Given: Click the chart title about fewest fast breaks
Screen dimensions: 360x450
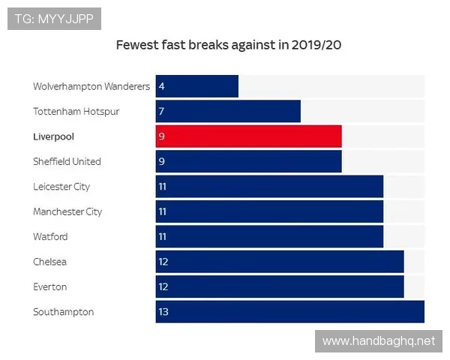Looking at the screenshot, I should pos(229,45).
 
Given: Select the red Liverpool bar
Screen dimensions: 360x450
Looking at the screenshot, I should pos(248,136).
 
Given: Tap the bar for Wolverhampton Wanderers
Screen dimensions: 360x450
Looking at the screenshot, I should pos(197,86).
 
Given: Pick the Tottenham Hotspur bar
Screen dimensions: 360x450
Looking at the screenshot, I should pos(228,112).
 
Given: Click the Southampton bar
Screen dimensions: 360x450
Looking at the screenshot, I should pos(289,312).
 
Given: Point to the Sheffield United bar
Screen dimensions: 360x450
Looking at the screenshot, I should pos(248,161).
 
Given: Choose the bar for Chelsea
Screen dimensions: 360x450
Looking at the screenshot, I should pos(280,262).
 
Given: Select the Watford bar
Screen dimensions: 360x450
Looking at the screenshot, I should pos(269,237).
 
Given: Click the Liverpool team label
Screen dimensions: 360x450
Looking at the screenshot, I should pos(54,137).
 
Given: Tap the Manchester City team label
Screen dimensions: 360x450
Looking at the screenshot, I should pos(67,212).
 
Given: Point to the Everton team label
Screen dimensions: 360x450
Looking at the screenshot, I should pos(50,287).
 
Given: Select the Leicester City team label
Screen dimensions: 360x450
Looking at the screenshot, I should pos(61,187).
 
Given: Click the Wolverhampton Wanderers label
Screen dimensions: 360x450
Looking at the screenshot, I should pos(91,87).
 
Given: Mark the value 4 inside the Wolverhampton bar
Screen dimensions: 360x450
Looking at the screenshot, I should pos(161,87).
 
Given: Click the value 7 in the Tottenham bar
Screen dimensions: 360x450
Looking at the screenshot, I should pos(161,112).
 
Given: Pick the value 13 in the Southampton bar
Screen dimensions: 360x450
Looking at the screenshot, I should pos(163,312).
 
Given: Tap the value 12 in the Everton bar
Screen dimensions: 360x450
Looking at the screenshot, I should pos(163,287).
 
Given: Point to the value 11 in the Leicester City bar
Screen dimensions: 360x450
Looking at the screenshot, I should pos(163,187).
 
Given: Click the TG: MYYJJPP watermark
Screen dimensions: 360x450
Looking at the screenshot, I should pos(54,18).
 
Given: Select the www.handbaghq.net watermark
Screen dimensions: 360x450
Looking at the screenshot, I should pos(378,341).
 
